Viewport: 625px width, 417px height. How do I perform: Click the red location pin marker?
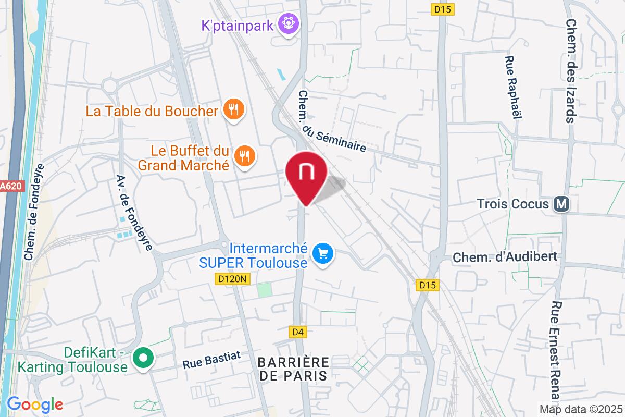pos(306,175)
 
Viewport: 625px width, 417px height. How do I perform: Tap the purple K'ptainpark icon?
pos(286,23)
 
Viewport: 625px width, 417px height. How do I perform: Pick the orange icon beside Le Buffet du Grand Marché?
pos(243,155)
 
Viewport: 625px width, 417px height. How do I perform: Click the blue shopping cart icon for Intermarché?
pos(323,254)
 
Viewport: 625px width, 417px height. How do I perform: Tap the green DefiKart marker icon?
pos(143,358)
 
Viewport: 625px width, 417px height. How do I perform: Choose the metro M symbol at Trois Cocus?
pos(561,203)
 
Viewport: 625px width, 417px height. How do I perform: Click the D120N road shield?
pos(233,279)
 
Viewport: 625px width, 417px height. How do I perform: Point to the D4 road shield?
pos(296,332)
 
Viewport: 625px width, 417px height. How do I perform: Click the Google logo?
pos(35,403)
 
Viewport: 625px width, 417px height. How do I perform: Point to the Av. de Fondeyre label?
pos(134,212)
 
